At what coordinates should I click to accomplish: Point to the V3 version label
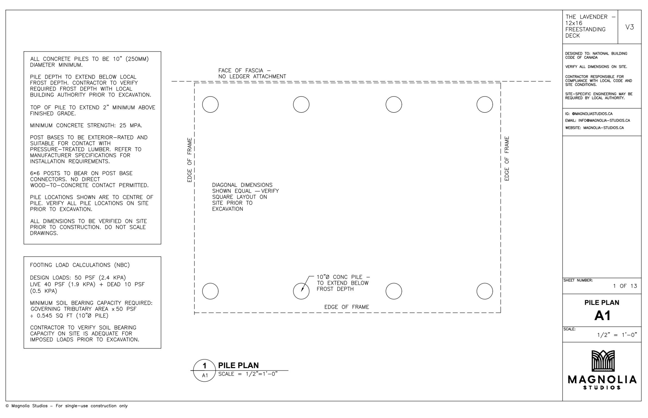630,27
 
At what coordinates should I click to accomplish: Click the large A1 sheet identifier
602,315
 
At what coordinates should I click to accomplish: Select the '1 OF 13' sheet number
625,286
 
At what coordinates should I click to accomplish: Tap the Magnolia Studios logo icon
603,361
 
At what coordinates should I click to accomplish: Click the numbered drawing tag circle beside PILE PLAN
205,360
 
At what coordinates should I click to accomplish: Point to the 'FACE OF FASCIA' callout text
252,73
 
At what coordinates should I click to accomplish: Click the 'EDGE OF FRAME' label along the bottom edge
347,307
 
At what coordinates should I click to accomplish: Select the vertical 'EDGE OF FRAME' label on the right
507,159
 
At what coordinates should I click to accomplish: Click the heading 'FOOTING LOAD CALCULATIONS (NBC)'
80,265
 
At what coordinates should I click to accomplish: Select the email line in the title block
598,121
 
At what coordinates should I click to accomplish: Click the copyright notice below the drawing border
67,406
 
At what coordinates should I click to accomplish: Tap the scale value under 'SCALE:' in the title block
617,335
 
